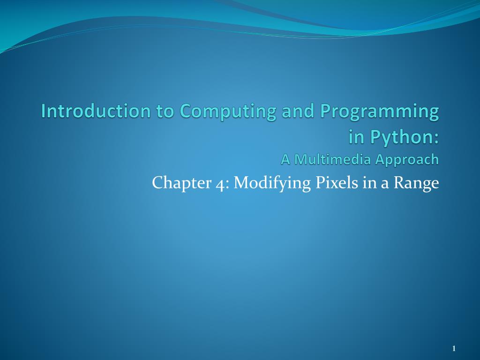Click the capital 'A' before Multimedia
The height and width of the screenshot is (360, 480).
(285, 159)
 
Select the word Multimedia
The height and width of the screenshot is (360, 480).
(333, 159)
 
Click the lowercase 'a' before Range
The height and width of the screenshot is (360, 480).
(384, 184)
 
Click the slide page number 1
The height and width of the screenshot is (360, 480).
(454, 348)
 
